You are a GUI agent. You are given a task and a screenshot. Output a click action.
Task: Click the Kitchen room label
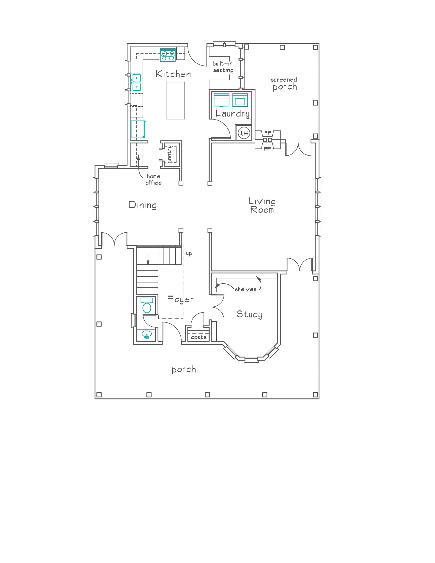173,74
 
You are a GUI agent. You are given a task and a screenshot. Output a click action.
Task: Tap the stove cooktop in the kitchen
168,55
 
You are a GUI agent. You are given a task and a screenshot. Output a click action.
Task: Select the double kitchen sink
136,82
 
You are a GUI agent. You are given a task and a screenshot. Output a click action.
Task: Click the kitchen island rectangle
175,100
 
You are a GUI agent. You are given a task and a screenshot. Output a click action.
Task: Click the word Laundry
232,114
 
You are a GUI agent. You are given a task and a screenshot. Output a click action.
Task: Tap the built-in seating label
223,67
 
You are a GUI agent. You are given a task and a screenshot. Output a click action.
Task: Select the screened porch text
284,84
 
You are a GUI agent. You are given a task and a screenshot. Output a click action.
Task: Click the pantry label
170,154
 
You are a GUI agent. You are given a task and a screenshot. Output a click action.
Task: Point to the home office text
153,179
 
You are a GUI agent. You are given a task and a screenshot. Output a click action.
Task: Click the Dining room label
143,205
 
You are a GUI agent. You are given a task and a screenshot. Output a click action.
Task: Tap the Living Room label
262,205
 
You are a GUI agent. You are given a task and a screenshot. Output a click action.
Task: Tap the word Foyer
180,299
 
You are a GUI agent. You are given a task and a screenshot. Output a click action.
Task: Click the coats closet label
198,337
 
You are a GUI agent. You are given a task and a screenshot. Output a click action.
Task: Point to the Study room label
249,314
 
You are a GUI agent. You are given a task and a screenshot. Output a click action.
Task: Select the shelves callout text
245,289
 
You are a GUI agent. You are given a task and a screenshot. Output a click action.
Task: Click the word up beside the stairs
189,254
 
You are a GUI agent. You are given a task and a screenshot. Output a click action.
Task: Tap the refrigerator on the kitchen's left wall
138,129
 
